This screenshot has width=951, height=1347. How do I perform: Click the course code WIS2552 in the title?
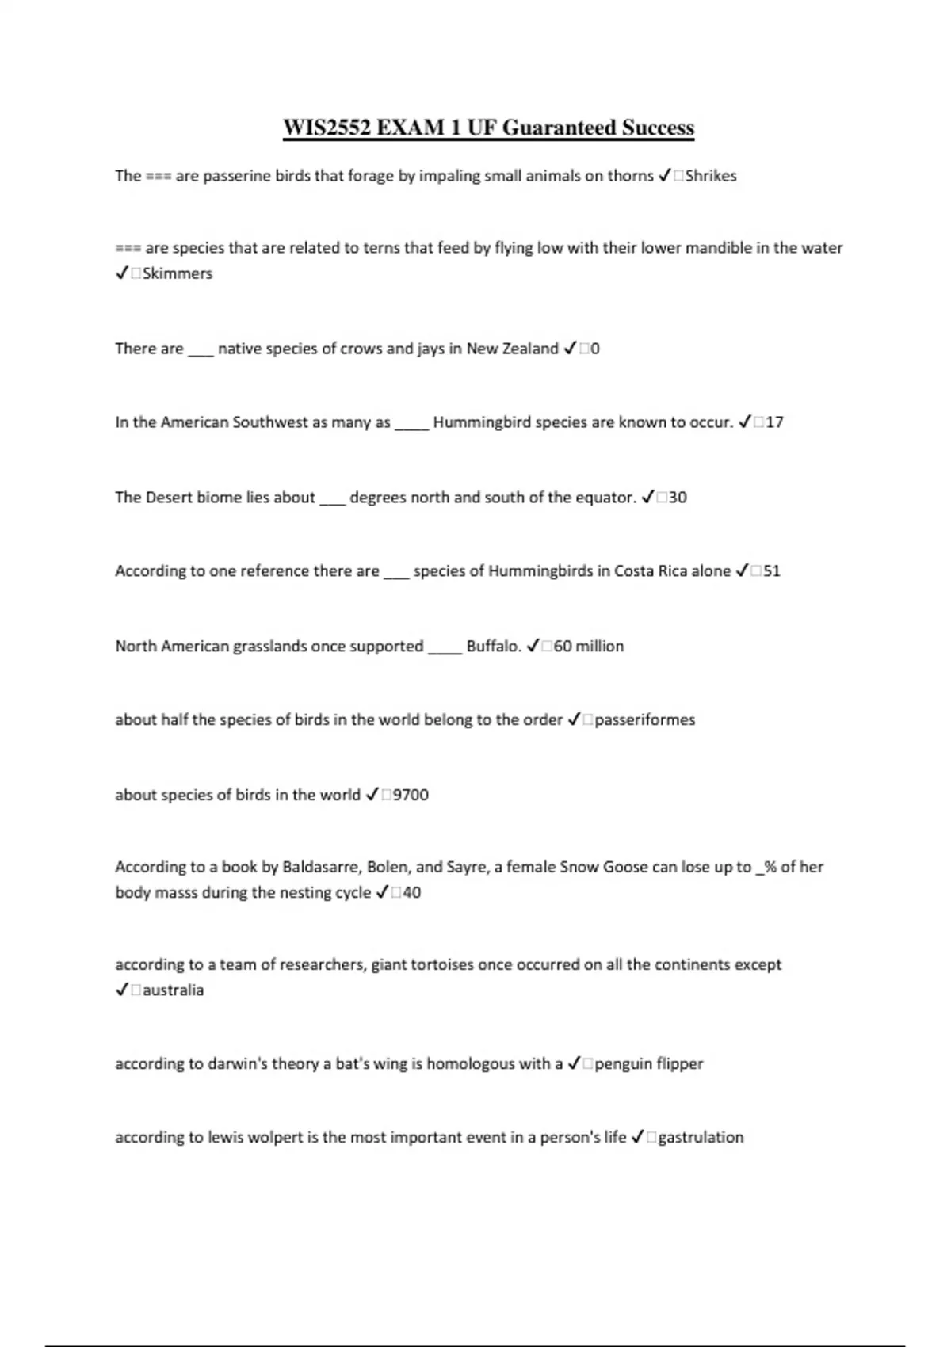(327, 128)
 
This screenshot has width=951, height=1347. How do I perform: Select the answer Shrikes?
(711, 176)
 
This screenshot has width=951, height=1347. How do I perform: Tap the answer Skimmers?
(178, 273)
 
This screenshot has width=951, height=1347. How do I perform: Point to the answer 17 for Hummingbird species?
(774, 422)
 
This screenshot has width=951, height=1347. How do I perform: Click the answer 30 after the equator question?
(678, 498)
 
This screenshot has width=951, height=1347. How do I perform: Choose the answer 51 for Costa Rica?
(771, 571)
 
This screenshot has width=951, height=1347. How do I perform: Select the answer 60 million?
(589, 647)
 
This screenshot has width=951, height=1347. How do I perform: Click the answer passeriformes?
(644, 720)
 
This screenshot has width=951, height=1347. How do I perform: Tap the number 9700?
(411, 795)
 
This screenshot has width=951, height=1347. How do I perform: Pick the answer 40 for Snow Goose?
(411, 893)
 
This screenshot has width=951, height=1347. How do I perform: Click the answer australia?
(173, 990)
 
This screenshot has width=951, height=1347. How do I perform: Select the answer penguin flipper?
(649, 1064)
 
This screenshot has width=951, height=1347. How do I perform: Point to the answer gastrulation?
(701, 1138)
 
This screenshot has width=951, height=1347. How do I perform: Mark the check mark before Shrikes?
(664, 176)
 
